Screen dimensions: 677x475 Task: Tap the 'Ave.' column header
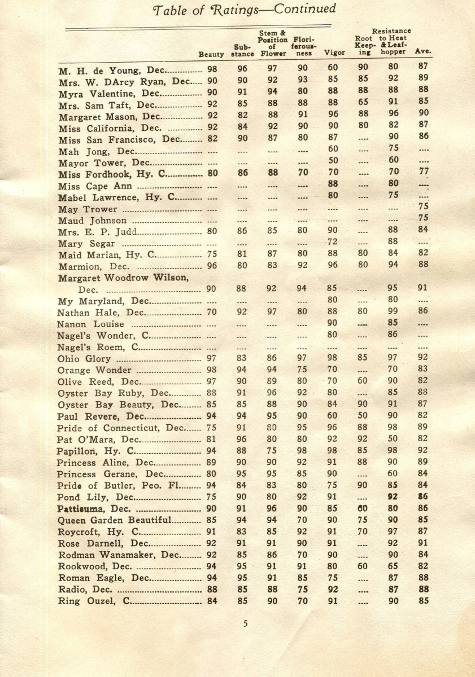(x=423, y=51)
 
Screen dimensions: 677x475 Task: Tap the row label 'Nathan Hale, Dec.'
(x=101, y=312)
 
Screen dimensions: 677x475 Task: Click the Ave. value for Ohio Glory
(x=422, y=358)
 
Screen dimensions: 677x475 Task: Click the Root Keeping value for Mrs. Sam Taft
(x=363, y=103)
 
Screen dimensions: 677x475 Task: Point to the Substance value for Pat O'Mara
(x=242, y=438)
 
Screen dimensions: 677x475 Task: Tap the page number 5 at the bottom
(x=245, y=623)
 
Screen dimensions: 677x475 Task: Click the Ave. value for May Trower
(x=422, y=207)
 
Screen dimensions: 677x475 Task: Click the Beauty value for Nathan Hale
(x=212, y=311)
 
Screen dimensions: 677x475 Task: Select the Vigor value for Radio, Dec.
(x=333, y=590)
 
